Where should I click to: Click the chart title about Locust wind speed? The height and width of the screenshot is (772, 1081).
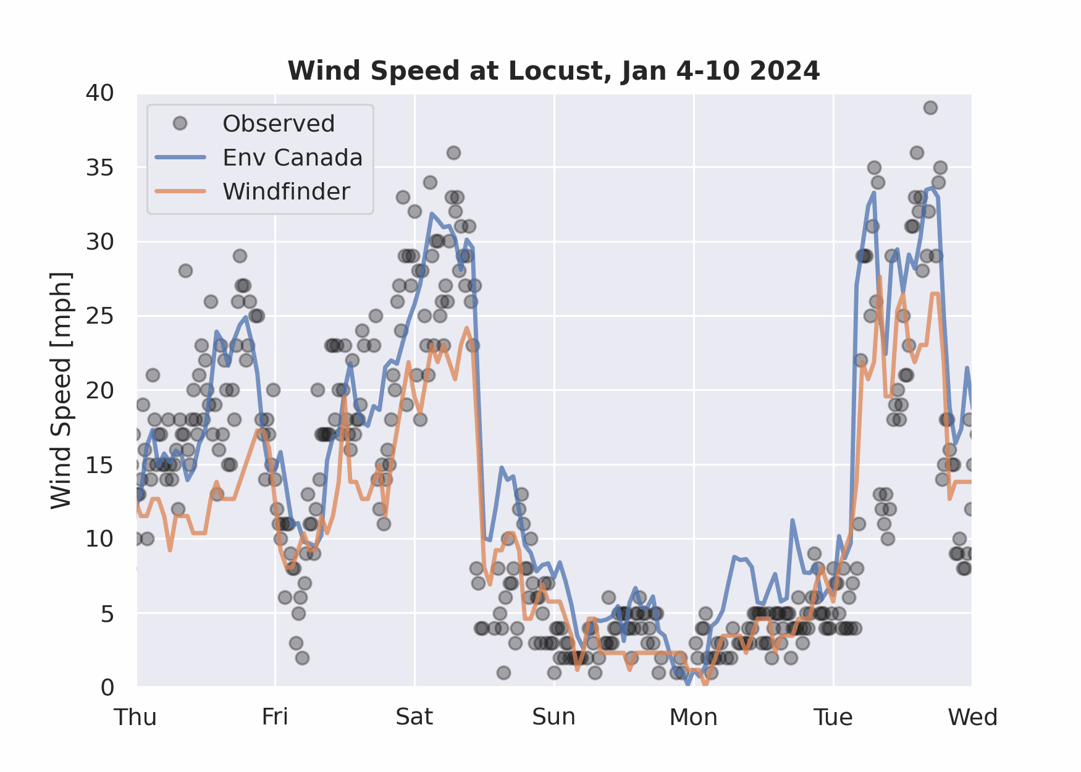click(553, 71)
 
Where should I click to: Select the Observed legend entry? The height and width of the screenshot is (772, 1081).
click(278, 124)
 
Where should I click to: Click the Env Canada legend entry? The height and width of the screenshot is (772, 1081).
click(292, 157)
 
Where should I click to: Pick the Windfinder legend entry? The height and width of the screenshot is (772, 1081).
click(286, 191)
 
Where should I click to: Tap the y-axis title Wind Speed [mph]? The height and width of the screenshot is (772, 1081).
click(61, 390)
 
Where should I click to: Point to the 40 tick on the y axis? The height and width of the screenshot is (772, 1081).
click(100, 93)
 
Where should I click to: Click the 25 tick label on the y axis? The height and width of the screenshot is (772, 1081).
click(100, 316)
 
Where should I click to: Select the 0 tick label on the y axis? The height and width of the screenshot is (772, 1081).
click(107, 687)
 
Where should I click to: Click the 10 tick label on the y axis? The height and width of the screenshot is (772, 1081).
click(100, 539)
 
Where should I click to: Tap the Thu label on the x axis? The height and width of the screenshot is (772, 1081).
click(136, 718)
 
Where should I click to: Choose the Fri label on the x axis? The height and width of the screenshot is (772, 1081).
click(275, 718)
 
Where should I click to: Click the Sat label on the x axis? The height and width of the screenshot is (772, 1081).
click(414, 718)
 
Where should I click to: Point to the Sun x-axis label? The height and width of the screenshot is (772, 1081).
click(554, 718)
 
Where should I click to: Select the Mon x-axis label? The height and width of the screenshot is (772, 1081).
click(694, 718)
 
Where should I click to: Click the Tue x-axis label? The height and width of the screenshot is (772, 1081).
click(833, 718)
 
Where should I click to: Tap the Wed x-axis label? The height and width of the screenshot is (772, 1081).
click(972, 718)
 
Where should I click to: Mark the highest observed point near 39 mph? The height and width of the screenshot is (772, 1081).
click(930, 108)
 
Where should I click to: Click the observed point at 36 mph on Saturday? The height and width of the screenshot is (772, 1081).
click(453, 153)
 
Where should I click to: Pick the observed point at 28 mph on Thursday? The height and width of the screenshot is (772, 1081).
click(185, 271)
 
